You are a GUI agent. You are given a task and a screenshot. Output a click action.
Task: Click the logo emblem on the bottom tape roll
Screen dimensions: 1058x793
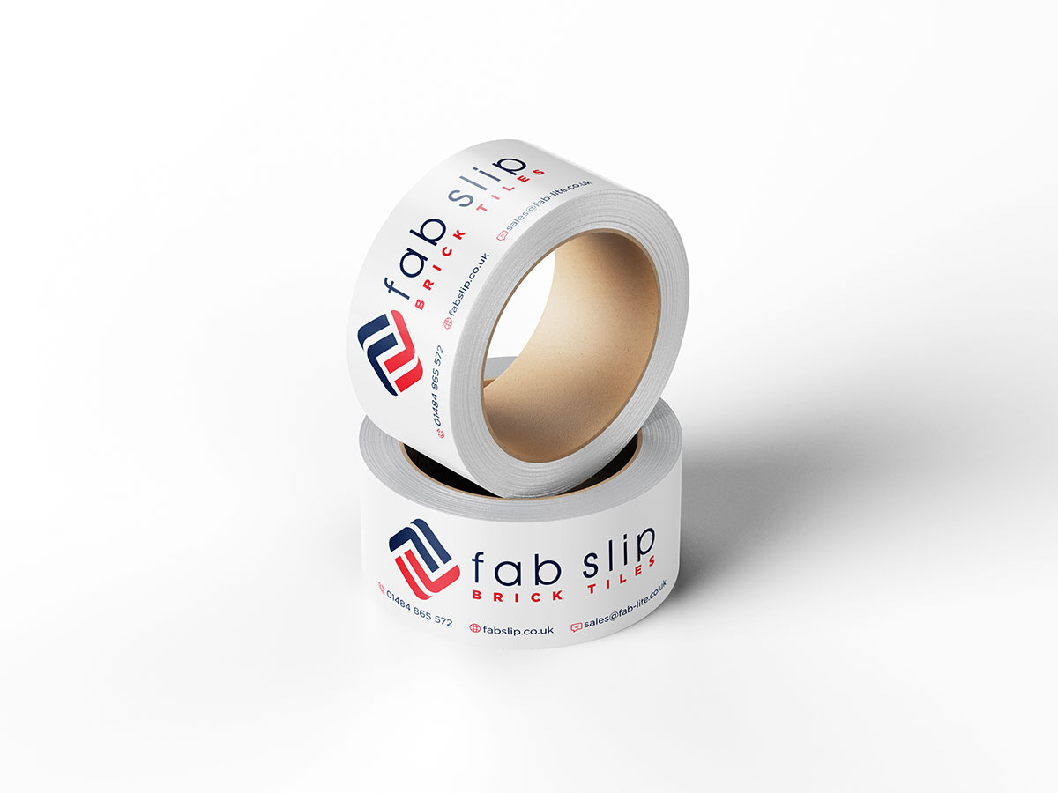point(424,559)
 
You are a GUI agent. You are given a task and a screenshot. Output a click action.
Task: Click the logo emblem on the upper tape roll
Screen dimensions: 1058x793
point(390,353)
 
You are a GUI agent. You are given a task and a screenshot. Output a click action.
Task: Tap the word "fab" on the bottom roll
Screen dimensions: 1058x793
point(517,568)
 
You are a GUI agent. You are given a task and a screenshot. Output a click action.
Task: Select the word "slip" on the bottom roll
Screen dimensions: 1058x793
point(619,553)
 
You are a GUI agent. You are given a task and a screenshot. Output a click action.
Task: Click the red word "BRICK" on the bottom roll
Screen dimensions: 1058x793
point(518,597)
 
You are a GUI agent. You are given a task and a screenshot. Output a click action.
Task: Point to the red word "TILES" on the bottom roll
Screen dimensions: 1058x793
point(622,577)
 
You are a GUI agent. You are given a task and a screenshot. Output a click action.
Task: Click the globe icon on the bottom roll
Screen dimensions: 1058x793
point(474,628)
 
